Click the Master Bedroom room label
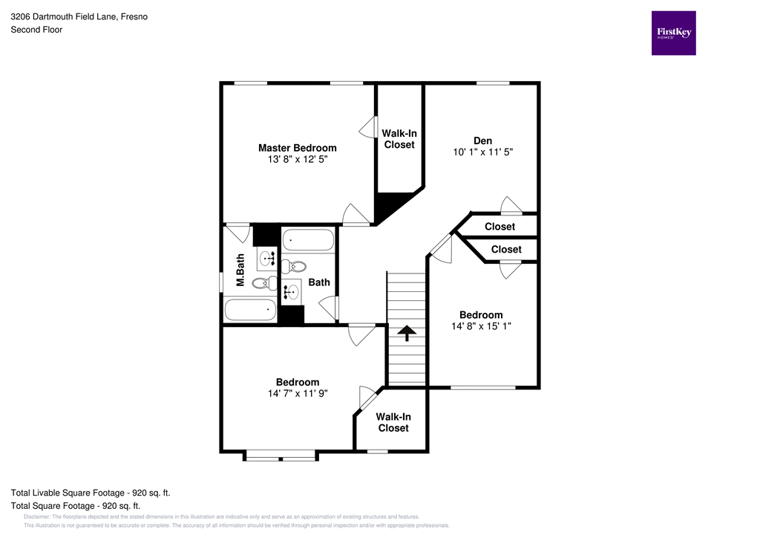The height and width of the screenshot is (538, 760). coord(297,148)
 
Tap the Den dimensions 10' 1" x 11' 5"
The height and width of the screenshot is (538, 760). coord(483,152)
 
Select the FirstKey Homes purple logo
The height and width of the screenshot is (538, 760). coord(673,33)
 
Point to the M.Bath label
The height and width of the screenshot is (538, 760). coord(240,270)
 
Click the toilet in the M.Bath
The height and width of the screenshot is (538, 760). coord(263,282)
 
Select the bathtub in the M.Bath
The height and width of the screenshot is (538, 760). coord(249,309)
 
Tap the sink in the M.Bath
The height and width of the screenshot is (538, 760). coord(266,259)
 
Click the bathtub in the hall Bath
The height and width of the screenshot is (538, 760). coord(308,240)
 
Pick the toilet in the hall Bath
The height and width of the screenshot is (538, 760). coord(298,265)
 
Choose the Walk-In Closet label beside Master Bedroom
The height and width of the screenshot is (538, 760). coord(399,139)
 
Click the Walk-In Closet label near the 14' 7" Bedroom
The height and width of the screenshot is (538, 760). coord(393,423)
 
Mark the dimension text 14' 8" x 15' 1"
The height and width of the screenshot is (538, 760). coord(481,325)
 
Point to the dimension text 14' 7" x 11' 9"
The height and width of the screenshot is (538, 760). coord(298,394)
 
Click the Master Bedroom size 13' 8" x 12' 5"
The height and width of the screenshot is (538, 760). coord(297,159)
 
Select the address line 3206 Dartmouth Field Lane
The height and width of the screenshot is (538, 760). coord(79,16)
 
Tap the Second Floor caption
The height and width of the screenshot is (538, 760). coord(36,30)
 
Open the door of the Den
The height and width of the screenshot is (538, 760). coord(511,206)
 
